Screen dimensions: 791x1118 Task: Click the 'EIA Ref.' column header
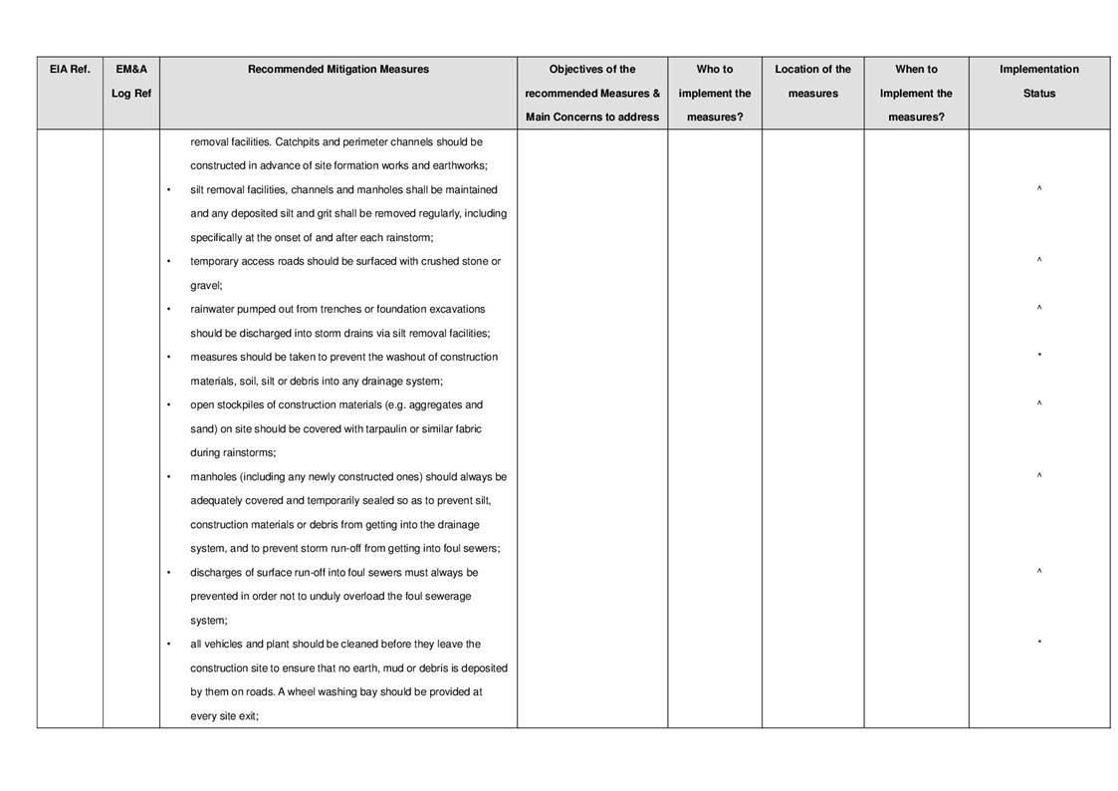tap(70, 70)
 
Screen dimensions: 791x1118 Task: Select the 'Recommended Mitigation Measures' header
tap(338, 70)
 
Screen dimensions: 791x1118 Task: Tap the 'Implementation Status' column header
tap(1038, 82)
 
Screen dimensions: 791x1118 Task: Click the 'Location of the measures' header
tap(812, 82)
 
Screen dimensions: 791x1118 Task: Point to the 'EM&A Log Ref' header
tap(131, 82)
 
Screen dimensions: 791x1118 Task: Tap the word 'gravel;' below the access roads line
tap(206, 286)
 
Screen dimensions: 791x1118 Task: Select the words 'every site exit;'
tap(224, 716)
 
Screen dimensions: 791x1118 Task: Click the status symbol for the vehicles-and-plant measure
tap(1038, 645)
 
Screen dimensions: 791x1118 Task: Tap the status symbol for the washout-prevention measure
tap(1038, 358)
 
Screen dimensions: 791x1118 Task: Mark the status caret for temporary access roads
tap(1038, 261)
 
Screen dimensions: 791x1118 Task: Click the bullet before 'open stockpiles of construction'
tap(168, 405)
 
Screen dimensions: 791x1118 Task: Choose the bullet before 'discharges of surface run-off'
tap(168, 573)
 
